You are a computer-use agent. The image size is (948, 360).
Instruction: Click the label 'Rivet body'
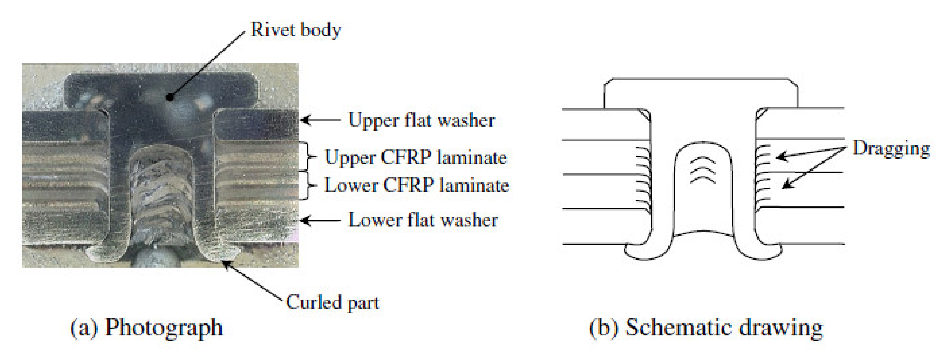pos(296,30)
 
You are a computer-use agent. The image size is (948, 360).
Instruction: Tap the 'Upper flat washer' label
pos(421,120)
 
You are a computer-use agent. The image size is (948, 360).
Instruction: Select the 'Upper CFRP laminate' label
pos(416,157)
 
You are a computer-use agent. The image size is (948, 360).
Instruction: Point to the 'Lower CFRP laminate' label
pos(416,185)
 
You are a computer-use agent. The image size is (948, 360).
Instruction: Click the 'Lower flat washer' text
pos(423,220)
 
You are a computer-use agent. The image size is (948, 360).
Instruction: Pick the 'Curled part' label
pos(332,303)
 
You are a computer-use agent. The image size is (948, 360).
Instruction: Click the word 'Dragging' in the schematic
pos(891,148)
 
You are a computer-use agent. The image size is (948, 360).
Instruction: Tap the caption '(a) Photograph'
pos(147,328)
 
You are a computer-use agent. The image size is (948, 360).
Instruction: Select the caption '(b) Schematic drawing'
pos(706,328)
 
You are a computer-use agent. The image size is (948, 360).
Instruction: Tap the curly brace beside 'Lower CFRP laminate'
pos(311,185)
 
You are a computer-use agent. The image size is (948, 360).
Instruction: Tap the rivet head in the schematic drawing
pos(701,94)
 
